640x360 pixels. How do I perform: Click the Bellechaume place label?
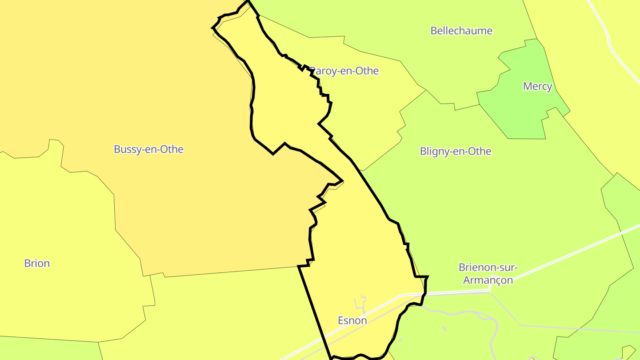[461, 31]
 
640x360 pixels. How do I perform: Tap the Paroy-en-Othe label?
[345, 71]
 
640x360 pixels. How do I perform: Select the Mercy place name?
[537, 86]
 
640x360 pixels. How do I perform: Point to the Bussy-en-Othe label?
[148, 149]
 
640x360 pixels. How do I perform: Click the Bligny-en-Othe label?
[456, 151]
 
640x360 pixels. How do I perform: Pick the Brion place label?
[37, 263]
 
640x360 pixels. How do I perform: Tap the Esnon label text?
[352, 320]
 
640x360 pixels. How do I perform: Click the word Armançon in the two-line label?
[488, 280]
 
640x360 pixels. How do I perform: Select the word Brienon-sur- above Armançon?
[488, 268]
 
